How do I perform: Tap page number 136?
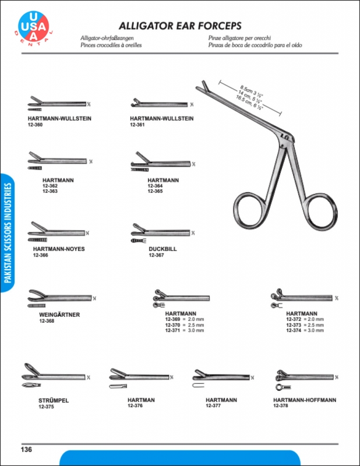(26, 449)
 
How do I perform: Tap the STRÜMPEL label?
(53, 400)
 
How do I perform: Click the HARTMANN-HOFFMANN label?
(305, 400)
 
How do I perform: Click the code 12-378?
(281, 406)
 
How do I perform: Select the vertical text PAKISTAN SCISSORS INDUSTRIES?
(8, 233)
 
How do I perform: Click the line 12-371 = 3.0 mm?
(185, 331)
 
